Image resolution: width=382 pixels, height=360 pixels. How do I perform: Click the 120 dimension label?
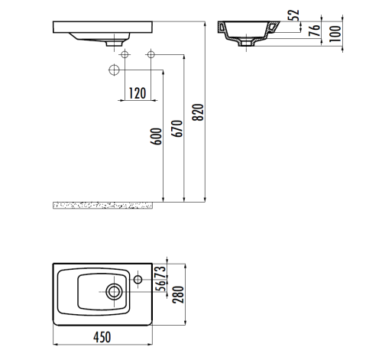[x=137, y=93]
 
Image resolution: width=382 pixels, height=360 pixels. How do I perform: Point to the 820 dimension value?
[x=199, y=113]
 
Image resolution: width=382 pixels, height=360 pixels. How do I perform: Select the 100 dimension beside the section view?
[x=334, y=32]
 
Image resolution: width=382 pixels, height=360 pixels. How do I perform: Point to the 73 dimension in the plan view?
[x=160, y=272]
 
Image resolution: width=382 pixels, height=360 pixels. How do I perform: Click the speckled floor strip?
[x=107, y=205]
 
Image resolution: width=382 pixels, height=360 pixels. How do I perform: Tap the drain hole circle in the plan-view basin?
[x=115, y=290]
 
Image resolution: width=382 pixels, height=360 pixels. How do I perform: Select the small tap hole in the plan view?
[x=139, y=280]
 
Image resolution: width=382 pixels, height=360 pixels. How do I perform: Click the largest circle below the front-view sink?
[x=115, y=70]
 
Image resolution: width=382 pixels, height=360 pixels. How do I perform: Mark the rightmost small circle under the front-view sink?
[x=151, y=55]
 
